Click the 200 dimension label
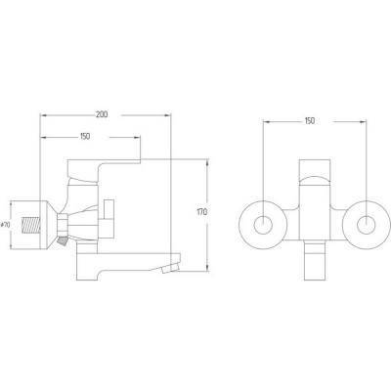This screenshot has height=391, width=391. (102, 114)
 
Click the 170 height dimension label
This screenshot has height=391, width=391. (202, 212)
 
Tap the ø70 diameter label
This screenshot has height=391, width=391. (5, 225)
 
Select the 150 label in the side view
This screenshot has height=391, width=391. (84, 137)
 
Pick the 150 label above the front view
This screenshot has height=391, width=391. (310, 121)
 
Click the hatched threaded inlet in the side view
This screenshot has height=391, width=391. (30, 226)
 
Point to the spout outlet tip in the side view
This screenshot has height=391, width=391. (169, 268)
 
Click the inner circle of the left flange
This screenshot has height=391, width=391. (263, 225)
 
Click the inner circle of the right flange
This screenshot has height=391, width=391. (366, 225)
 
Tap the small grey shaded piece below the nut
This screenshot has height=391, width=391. (63, 241)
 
